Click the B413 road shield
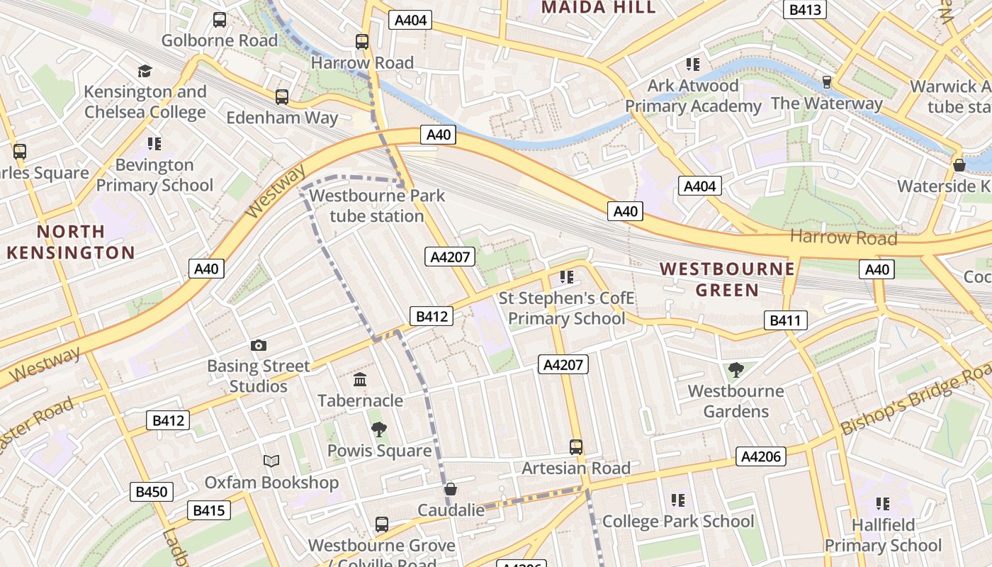tap(805, 10)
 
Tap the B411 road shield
tap(785, 320)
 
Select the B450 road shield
tap(152, 492)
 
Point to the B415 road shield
tap(209, 510)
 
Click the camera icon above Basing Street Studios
tap(259, 345)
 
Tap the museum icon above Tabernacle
tap(360, 380)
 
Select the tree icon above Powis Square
tap(379, 429)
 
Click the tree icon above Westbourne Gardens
tap(736, 369)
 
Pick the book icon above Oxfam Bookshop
tap(271, 461)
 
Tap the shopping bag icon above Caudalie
tap(451, 489)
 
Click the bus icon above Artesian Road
tap(576, 447)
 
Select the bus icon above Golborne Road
tap(220, 20)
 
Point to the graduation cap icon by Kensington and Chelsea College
tap(145, 71)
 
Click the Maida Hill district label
tap(598, 8)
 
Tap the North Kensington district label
tap(70, 242)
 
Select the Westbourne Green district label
tap(727, 279)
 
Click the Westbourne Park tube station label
tap(377, 206)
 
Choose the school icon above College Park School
tap(678, 500)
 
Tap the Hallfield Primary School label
tap(884, 535)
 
